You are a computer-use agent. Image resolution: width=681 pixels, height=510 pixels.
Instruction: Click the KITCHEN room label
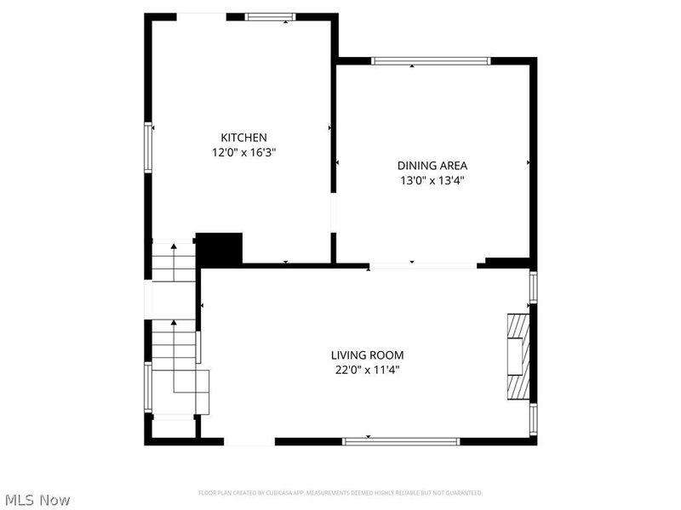(244, 138)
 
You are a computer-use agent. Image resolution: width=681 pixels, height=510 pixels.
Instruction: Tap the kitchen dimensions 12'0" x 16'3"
(244, 153)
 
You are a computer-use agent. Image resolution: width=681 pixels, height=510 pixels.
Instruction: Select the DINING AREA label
(432, 166)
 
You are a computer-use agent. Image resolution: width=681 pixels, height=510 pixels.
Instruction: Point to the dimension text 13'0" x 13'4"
(432, 180)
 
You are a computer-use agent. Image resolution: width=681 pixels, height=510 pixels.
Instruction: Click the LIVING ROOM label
(367, 355)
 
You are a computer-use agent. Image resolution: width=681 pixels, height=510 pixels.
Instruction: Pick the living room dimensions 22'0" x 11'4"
(367, 370)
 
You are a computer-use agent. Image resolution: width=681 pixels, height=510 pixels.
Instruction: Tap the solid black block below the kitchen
(220, 248)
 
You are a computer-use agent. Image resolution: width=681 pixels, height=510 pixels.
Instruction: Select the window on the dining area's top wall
(432, 60)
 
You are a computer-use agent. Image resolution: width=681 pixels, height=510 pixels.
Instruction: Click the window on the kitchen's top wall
(270, 16)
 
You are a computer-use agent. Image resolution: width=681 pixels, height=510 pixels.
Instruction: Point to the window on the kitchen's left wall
(148, 148)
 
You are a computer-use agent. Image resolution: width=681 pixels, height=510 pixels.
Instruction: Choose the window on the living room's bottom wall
(400, 441)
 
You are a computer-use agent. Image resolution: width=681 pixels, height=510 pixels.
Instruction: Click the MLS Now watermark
(37, 500)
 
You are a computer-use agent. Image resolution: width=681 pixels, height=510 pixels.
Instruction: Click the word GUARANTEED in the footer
(461, 493)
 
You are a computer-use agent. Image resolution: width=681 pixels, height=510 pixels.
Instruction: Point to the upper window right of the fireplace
(534, 287)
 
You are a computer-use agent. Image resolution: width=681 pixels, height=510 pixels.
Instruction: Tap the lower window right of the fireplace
(534, 419)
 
